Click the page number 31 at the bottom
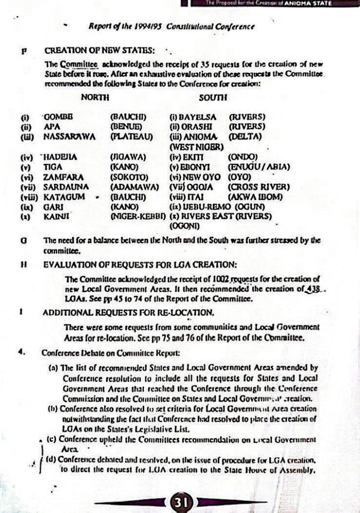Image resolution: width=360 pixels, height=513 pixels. [x=180, y=501]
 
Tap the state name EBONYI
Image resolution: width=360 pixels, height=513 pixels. [x=196, y=167]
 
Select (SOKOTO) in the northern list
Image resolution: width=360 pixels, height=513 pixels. [x=129, y=177]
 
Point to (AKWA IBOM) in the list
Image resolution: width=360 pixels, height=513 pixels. [x=255, y=196]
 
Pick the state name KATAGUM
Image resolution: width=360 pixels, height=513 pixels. [x=64, y=196]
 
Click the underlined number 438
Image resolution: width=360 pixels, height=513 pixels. [x=299, y=289]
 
